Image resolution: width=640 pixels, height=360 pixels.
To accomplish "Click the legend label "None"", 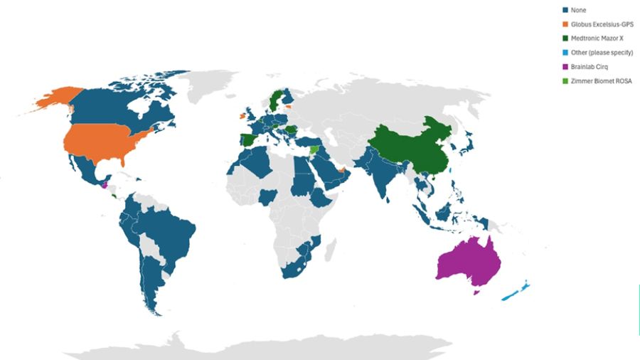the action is (577, 10).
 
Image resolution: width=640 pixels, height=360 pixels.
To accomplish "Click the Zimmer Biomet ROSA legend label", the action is (601, 81).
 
